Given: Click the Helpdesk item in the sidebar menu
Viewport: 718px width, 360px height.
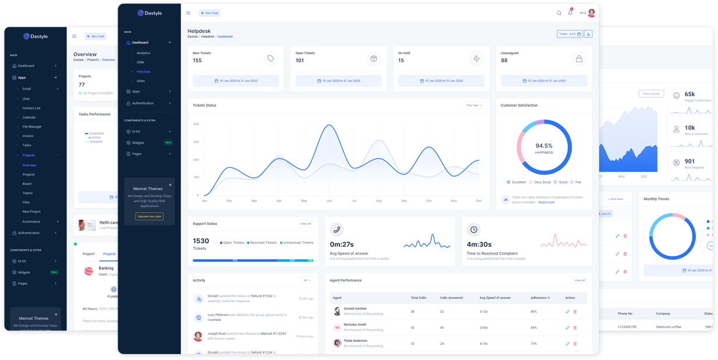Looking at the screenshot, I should [x=143, y=72].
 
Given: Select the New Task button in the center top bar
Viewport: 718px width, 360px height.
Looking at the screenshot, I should [x=210, y=13].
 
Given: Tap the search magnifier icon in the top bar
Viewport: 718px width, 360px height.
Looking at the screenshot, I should [x=559, y=13].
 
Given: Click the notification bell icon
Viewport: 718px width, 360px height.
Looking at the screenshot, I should [x=570, y=13].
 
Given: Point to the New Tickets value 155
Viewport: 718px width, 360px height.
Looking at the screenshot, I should [x=197, y=61].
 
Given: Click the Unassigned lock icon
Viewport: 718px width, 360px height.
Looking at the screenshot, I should [x=579, y=59].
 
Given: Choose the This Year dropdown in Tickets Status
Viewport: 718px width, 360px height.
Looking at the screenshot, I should [x=473, y=105].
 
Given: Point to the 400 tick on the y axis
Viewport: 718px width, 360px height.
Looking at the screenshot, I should [x=196, y=124].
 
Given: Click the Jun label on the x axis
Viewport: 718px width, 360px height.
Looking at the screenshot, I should [x=329, y=201].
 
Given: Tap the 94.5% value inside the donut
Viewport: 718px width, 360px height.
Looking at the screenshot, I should [x=544, y=146].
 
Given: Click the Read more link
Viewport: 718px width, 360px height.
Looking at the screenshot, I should [x=546, y=202].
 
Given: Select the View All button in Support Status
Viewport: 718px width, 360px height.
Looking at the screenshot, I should [x=306, y=224].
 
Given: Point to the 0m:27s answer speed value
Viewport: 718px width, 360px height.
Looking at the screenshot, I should [x=342, y=245].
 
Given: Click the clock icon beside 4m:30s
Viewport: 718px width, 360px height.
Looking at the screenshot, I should [x=474, y=230].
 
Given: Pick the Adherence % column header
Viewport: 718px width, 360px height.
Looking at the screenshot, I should [x=540, y=298].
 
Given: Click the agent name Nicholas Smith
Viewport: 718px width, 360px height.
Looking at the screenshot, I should [x=355, y=324].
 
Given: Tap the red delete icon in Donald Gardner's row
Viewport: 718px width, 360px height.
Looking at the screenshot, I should [x=575, y=312].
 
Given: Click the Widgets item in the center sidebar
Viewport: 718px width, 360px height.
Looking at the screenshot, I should [x=138, y=143].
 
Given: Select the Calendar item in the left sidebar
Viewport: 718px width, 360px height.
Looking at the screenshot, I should [x=29, y=117].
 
